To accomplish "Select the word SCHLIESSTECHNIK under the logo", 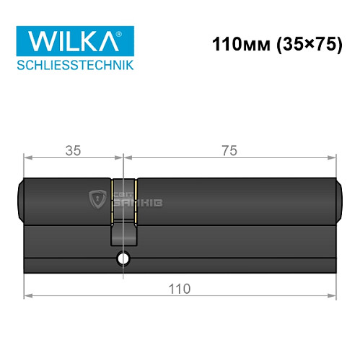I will pyautogui.click(x=74, y=66).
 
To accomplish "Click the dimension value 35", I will pyautogui.click(x=72, y=151).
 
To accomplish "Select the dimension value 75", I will pyautogui.click(x=229, y=151).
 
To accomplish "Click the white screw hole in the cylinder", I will pyautogui.click(x=123, y=259).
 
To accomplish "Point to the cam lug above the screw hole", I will pyautogui.click(x=123, y=235).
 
